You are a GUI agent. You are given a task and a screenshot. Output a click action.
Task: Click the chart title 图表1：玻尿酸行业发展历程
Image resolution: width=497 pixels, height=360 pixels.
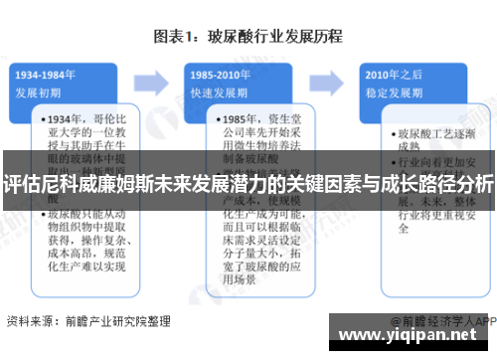pos(248,37)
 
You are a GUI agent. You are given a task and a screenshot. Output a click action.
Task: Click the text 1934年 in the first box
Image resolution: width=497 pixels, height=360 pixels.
pos(67,117)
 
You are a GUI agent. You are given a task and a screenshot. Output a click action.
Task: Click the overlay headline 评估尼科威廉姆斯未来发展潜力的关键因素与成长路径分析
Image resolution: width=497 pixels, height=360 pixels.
pos(248,183)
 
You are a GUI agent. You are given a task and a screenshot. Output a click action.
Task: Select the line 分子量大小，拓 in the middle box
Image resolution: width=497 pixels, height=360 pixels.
pos(249,252)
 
